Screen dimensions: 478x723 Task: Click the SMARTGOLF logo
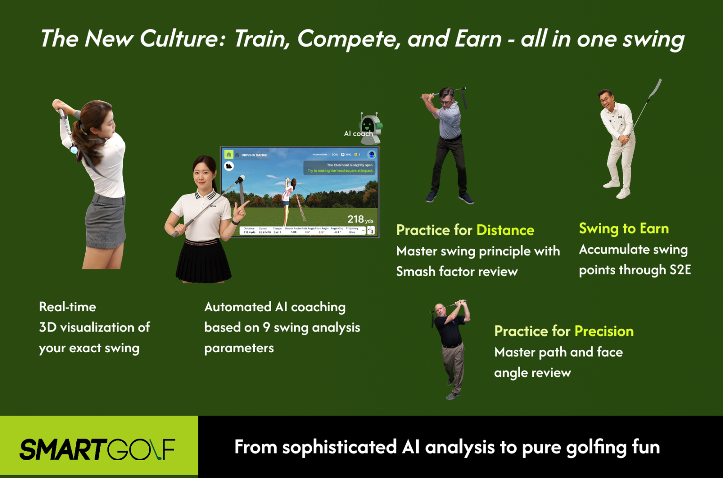tap(97, 449)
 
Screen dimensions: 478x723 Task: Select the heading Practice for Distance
tap(465, 230)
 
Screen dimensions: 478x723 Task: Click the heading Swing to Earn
tap(624, 228)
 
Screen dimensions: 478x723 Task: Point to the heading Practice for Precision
tap(563, 331)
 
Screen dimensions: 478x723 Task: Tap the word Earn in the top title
tap(478, 39)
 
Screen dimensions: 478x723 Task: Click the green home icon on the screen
tap(229, 154)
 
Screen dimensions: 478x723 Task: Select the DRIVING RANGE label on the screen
tap(254, 155)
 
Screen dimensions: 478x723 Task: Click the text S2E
tap(680, 270)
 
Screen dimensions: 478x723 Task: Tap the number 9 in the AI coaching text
tap(266, 327)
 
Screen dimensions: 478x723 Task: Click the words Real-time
tap(67, 307)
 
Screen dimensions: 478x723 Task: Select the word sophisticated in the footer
tap(339, 447)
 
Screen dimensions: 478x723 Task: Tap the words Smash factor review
tap(457, 272)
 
